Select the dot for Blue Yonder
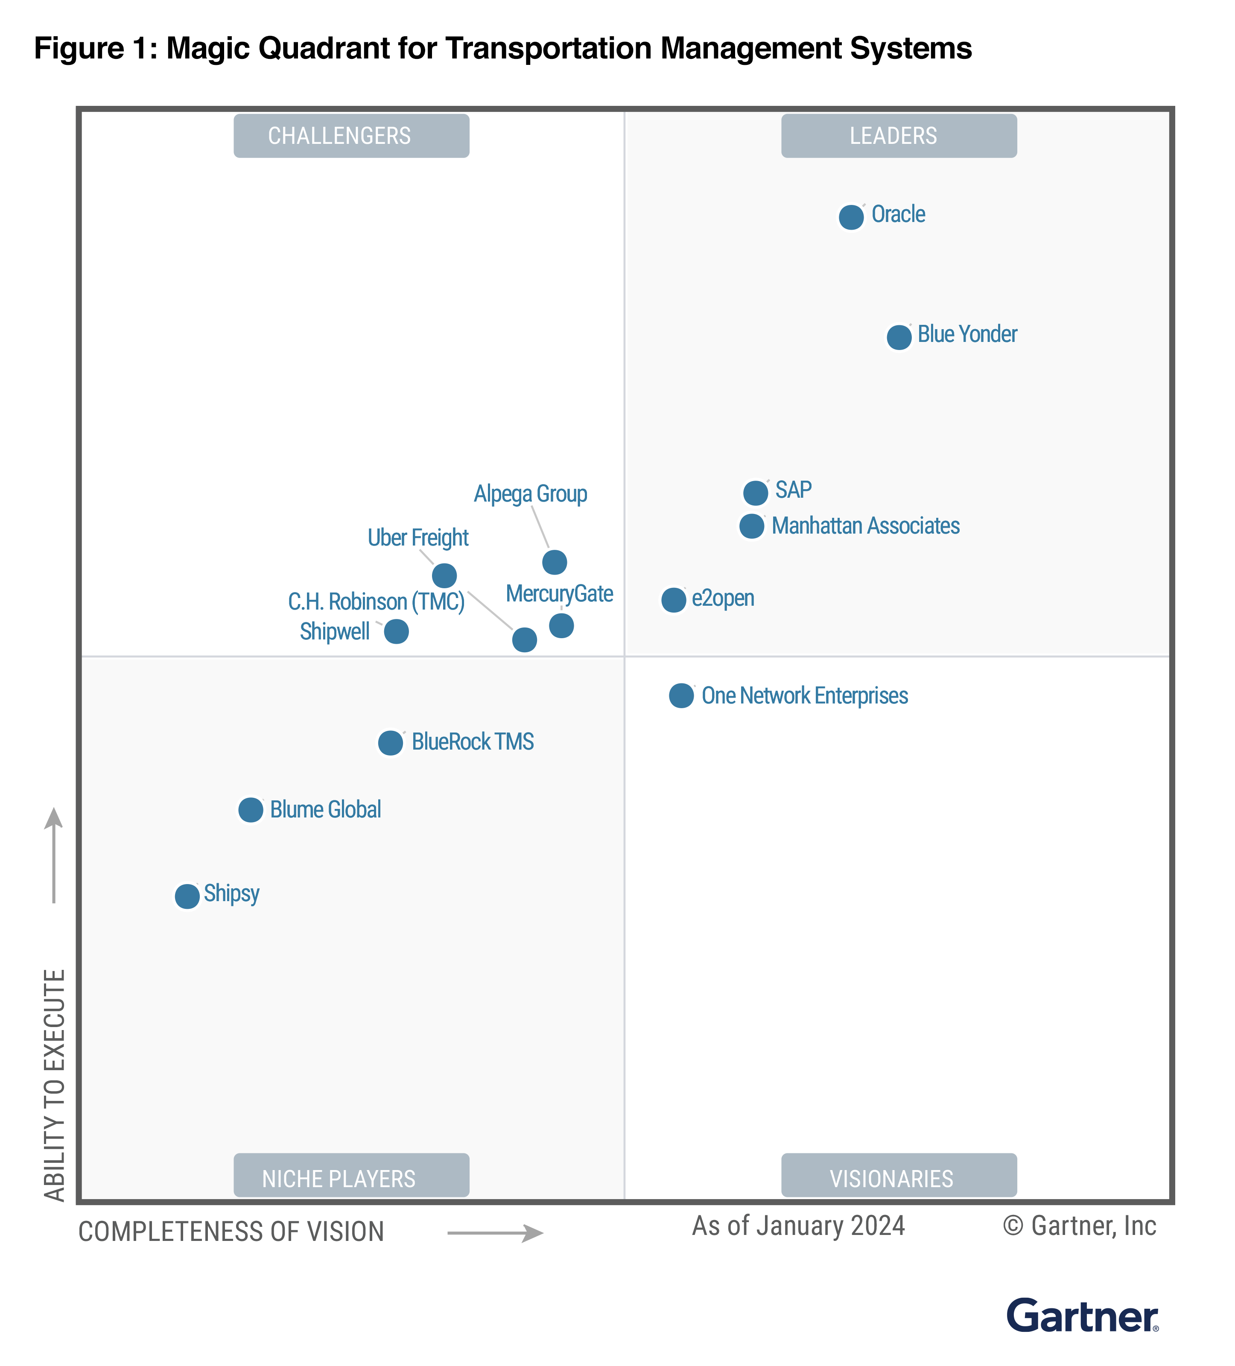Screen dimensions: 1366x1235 pos(899,337)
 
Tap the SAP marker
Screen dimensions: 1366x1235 pos(755,493)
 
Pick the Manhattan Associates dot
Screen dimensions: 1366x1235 pos(751,526)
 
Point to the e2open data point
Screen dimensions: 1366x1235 pos(673,600)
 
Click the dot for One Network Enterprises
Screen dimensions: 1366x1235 pos(681,695)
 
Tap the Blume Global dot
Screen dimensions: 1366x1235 pos(251,810)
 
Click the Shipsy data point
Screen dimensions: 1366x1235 pos(187,896)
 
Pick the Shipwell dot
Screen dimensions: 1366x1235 pos(396,631)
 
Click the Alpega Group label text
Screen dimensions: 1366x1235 pos(531,494)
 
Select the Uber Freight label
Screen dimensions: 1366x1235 pos(418,538)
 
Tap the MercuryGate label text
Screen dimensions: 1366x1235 pos(560,593)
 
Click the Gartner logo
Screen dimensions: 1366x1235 pos(1082,1316)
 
